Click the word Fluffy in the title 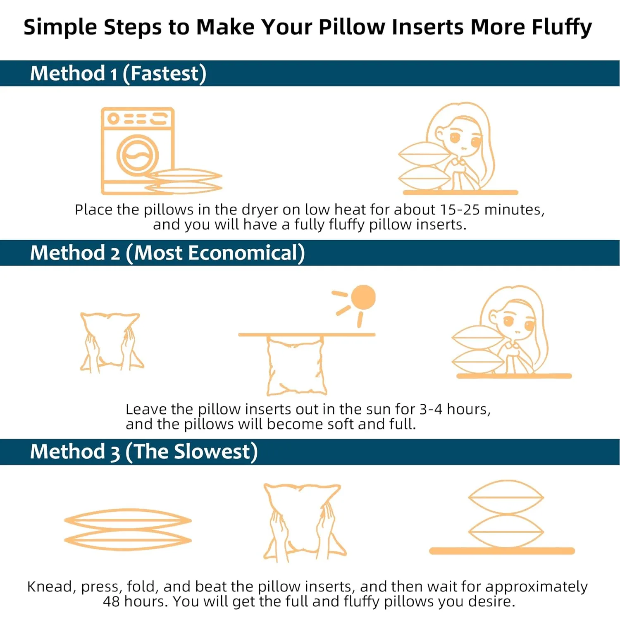point(562,28)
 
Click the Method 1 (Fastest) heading point(118,74)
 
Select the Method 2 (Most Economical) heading point(167,253)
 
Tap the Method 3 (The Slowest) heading point(143,451)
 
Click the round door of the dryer point(137,156)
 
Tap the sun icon point(363,297)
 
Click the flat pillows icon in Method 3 point(128,530)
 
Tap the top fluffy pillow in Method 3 point(506,497)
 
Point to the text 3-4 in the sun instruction point(431,409)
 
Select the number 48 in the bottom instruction point(111,601)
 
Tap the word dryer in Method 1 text point(260,210)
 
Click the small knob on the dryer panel point(113,119)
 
